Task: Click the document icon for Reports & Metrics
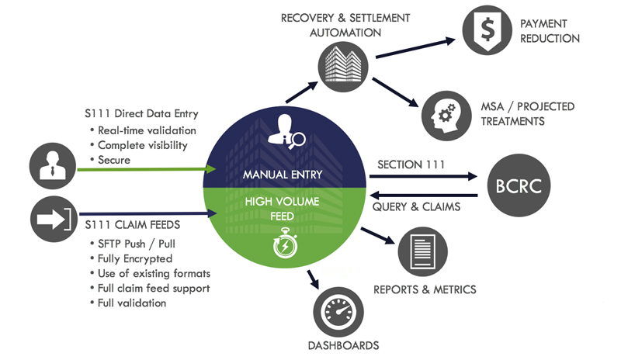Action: tap(422, 251)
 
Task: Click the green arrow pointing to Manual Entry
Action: tap(147, 168)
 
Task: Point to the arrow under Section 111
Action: tap(427, 176)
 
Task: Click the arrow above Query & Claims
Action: tap(427, 196)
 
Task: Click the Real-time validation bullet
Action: tap(147, 130)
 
